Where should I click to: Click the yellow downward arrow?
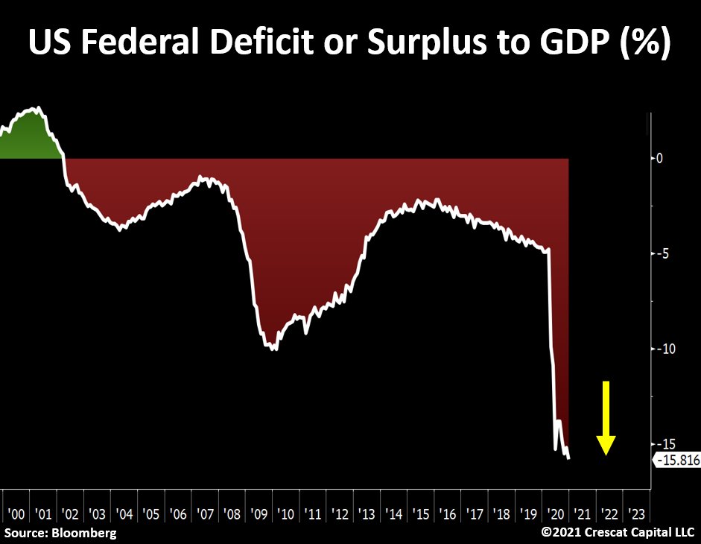[x=606, y=417]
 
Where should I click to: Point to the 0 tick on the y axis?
[x=659, y=158]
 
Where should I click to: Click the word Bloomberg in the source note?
[x=84, y=533]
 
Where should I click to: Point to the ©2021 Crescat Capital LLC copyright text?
[x=618, y=533]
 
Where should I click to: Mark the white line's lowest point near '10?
[x=276, y=349]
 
